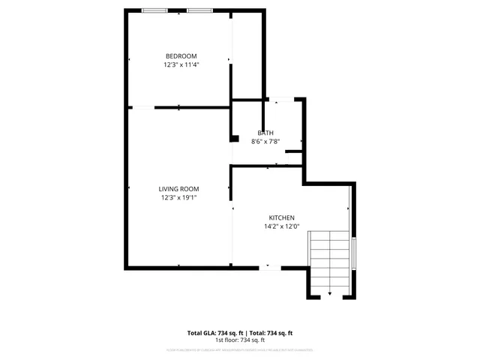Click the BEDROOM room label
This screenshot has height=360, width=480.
pos(181,56)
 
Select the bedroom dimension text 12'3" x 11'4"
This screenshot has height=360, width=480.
pos(181,65)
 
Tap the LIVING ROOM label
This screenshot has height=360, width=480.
pos(178,189)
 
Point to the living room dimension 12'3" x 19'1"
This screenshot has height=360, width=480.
pos(178,198)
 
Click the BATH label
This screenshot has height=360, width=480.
pos(265,133)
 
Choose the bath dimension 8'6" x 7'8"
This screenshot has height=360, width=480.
pos(265,141)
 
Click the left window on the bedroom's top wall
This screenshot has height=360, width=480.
pos(154,10)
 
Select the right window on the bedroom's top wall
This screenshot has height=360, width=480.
pos(199,10)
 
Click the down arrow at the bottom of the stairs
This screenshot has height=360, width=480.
pos(330,294)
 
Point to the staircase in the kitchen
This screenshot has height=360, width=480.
pos(330,259)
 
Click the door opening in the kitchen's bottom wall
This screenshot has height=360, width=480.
pos(270,267)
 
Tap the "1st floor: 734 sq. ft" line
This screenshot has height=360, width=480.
pos(240,340)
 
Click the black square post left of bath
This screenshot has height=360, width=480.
pos(234,138)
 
